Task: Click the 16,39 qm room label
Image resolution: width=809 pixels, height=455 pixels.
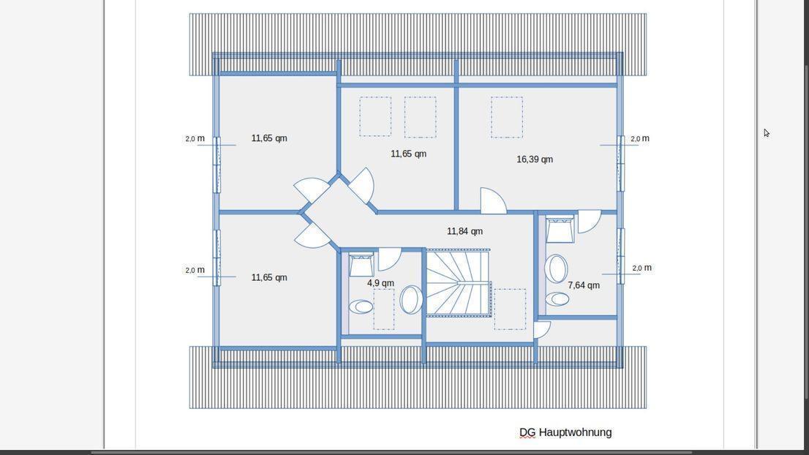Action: click(x=535, y=159)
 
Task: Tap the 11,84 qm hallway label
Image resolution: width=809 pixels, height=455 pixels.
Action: click(x=465, y=231)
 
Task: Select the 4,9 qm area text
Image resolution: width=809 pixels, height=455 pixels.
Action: click(x=381, y=283)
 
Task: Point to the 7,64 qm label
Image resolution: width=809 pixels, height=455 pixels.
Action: click(x=584, y=285)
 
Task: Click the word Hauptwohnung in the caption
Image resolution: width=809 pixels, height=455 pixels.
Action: click(x=575, y=432)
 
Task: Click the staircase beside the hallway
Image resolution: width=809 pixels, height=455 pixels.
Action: click(x=458, y=282)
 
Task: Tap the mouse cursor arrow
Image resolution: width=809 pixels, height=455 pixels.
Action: click(x=767, y=133)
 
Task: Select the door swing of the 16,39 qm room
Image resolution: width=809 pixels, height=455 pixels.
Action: click(x=493, y=200)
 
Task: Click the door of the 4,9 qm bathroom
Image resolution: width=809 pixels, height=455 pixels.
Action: click(x=390, y=259)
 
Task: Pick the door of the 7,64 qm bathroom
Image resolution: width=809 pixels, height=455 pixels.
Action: click(x=590, y=221)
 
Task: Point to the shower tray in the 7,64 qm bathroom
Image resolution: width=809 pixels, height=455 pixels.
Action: click(x=560, y=229)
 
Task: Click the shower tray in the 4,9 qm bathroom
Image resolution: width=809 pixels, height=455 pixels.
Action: click(x=361, y=265)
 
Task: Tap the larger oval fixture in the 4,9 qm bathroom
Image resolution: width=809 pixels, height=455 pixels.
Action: click(x=411, y=300)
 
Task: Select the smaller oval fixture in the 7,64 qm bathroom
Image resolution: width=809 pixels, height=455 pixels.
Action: click(x=557, y=298)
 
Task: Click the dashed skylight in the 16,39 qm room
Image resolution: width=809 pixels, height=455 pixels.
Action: click(x=507, y=117)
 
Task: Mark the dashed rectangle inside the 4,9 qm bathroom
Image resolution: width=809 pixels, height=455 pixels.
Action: click(x=384, y=309)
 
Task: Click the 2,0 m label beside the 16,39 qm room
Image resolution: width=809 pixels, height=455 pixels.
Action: click(x=640, y=139)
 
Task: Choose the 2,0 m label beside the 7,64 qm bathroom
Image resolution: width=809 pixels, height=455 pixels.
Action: click(x=641, y=268)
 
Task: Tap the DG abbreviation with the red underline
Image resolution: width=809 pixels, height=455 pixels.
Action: click(x=527, y=432)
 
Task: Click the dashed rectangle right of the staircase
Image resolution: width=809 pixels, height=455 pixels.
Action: click(x=510, y=309)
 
